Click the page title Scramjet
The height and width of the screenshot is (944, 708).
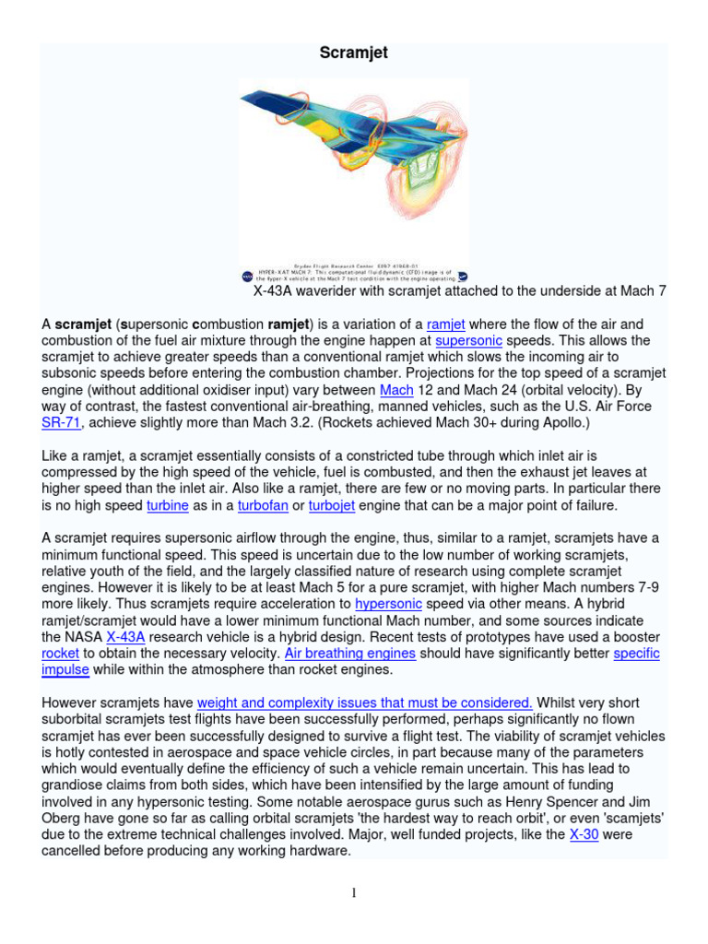click(x=353, y=53)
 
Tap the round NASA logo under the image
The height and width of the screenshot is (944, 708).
click(x=247, y=276)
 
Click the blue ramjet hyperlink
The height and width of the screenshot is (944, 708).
click(x=446, y=324)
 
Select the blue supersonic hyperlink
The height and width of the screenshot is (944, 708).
click(x=467, y=341)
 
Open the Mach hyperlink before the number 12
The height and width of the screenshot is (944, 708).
click(x=396, y=390)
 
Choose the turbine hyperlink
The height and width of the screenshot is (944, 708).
click(x=168, y=505)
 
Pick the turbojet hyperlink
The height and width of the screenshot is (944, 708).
click(x=332, y=505)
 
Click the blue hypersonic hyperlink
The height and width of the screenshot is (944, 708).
click(x=388, y=604)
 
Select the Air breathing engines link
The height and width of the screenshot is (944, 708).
click(x=349, y=653)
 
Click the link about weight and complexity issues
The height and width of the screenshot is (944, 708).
click(x=365, y=702)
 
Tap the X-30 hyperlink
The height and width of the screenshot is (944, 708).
click(x=584, y=834)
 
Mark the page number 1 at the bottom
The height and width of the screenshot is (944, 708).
click(x=353, y=892)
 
